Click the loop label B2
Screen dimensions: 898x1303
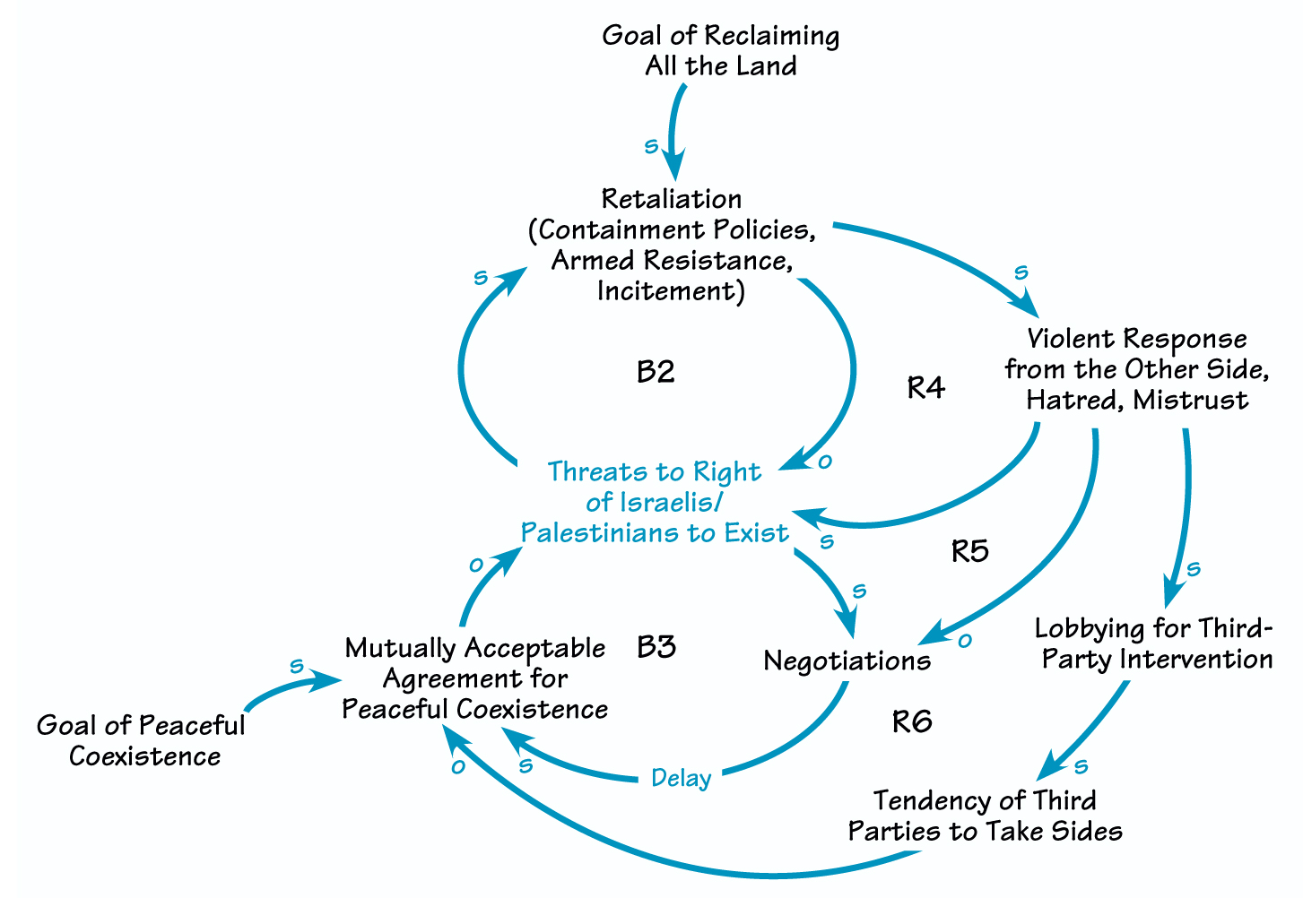point(655,372)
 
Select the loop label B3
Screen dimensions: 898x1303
point(656,647)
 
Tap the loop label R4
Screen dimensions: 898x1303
point(925,388)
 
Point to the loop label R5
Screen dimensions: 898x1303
point(969,551)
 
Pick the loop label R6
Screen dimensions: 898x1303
point(912,721)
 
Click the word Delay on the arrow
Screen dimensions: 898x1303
point(682,778)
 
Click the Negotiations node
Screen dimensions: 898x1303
point(847,661)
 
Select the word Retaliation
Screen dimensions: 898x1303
point(672,199)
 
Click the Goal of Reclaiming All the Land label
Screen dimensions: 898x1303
point(721,51)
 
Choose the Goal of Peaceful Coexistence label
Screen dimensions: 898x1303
point(142,740)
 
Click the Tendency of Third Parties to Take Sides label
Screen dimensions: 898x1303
point(985,816)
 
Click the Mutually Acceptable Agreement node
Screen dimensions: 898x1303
point(475,678)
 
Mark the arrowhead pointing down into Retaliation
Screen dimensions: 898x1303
point(673,168)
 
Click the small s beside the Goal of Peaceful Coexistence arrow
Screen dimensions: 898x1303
point(297,667)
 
